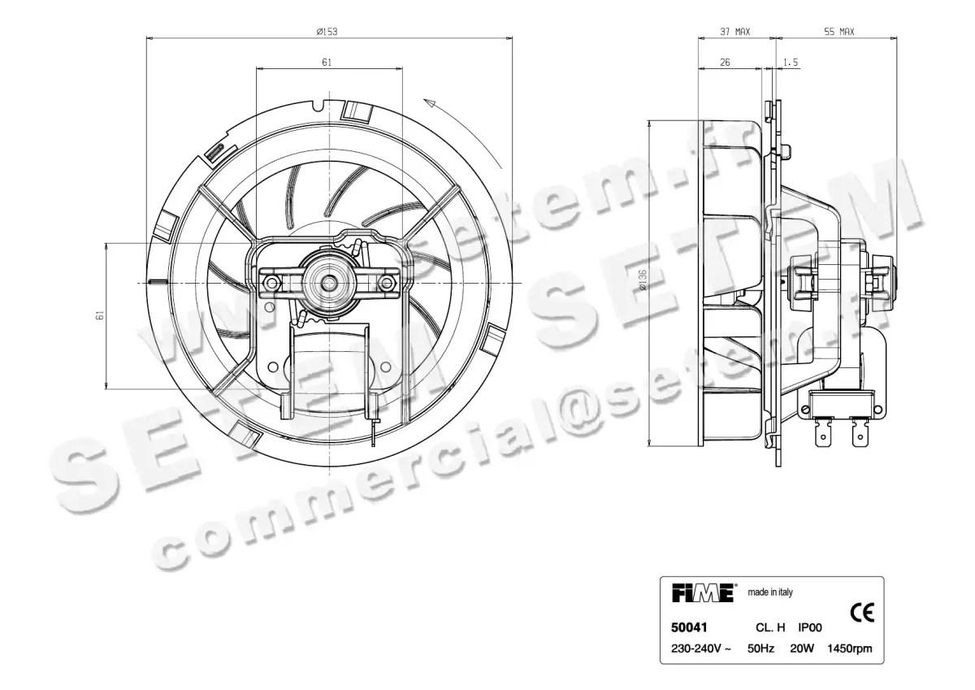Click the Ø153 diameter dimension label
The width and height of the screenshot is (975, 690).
(327, 32)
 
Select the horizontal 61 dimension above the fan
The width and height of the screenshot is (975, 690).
(326, 63)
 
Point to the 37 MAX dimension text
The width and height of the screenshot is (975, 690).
(734, 32)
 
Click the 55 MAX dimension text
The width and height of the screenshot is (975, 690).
(839, 32)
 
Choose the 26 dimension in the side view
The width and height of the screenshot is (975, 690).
(725, 63)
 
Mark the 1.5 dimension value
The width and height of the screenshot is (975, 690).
(791, 63)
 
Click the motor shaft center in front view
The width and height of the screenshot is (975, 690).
(330, 281)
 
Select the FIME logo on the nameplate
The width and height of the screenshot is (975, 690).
(704, 592)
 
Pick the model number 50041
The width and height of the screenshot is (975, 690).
(688, 627)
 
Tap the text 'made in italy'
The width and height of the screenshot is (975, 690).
(769, 592)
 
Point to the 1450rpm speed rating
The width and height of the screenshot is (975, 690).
(850, 649)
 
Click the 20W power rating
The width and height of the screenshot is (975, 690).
(801, 649)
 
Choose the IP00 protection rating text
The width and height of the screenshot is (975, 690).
(811, 627)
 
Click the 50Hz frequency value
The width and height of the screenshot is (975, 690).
(760, 649)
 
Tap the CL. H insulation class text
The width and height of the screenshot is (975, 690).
(769, 627)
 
